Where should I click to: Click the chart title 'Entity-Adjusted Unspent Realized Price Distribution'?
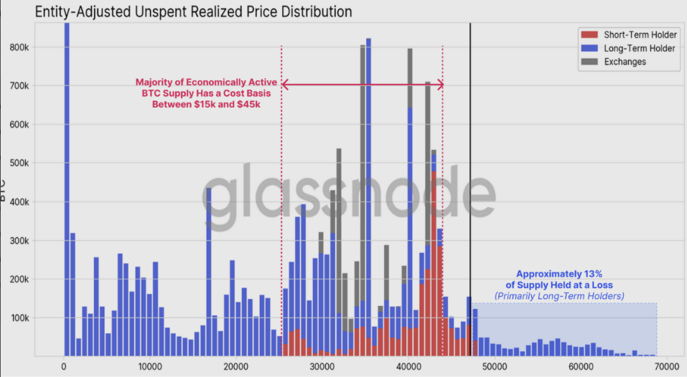[x=194, y=12]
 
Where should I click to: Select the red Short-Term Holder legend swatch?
[x=589, y=34]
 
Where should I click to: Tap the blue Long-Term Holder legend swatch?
[x=589, y=48]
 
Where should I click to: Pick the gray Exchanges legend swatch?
[x=589, y=62]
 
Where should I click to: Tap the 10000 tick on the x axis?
[x=150, y=366]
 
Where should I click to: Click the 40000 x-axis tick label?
[x=408, y=366]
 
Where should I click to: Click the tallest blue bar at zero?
[x=66, y=186]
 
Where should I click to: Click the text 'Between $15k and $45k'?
[x=205, y=105]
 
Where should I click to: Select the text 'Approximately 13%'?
[x=559, y=274]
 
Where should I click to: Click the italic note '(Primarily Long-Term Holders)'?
[x=559, y=296]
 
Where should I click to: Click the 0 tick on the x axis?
[x=64, y=366]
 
